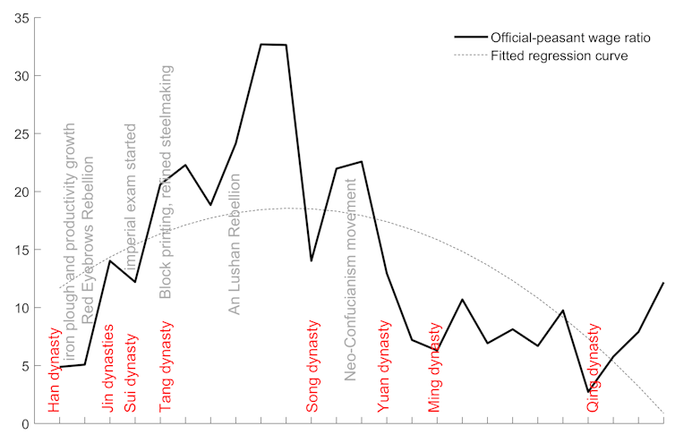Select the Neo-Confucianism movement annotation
pyautogui.click(x=352, y=279)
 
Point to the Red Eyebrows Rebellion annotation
pyautogui.click(x=88, y=242)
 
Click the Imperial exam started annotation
pyautogui.click(x=132, y=199)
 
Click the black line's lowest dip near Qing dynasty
pyautogui.click(x=588, y=392)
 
